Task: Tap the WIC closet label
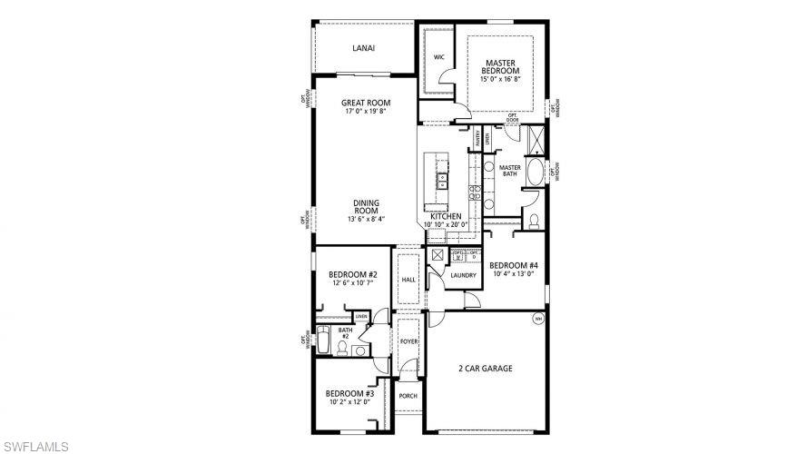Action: (x=438, y=57)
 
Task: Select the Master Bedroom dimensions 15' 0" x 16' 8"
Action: (x=501, y=79)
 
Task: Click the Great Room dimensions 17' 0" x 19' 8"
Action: (x=366, y=112)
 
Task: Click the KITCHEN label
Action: (x=446, y=216)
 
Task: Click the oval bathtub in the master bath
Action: (x=535, y=173)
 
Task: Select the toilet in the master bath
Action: (x=535, y=220)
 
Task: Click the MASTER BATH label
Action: (x=509, y=171)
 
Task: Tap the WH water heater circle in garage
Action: (x=537, y=319)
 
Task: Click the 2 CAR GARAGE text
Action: (x=486, y=369)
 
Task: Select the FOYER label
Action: (x=408, y=341)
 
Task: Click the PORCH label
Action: (x=408, y=397)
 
